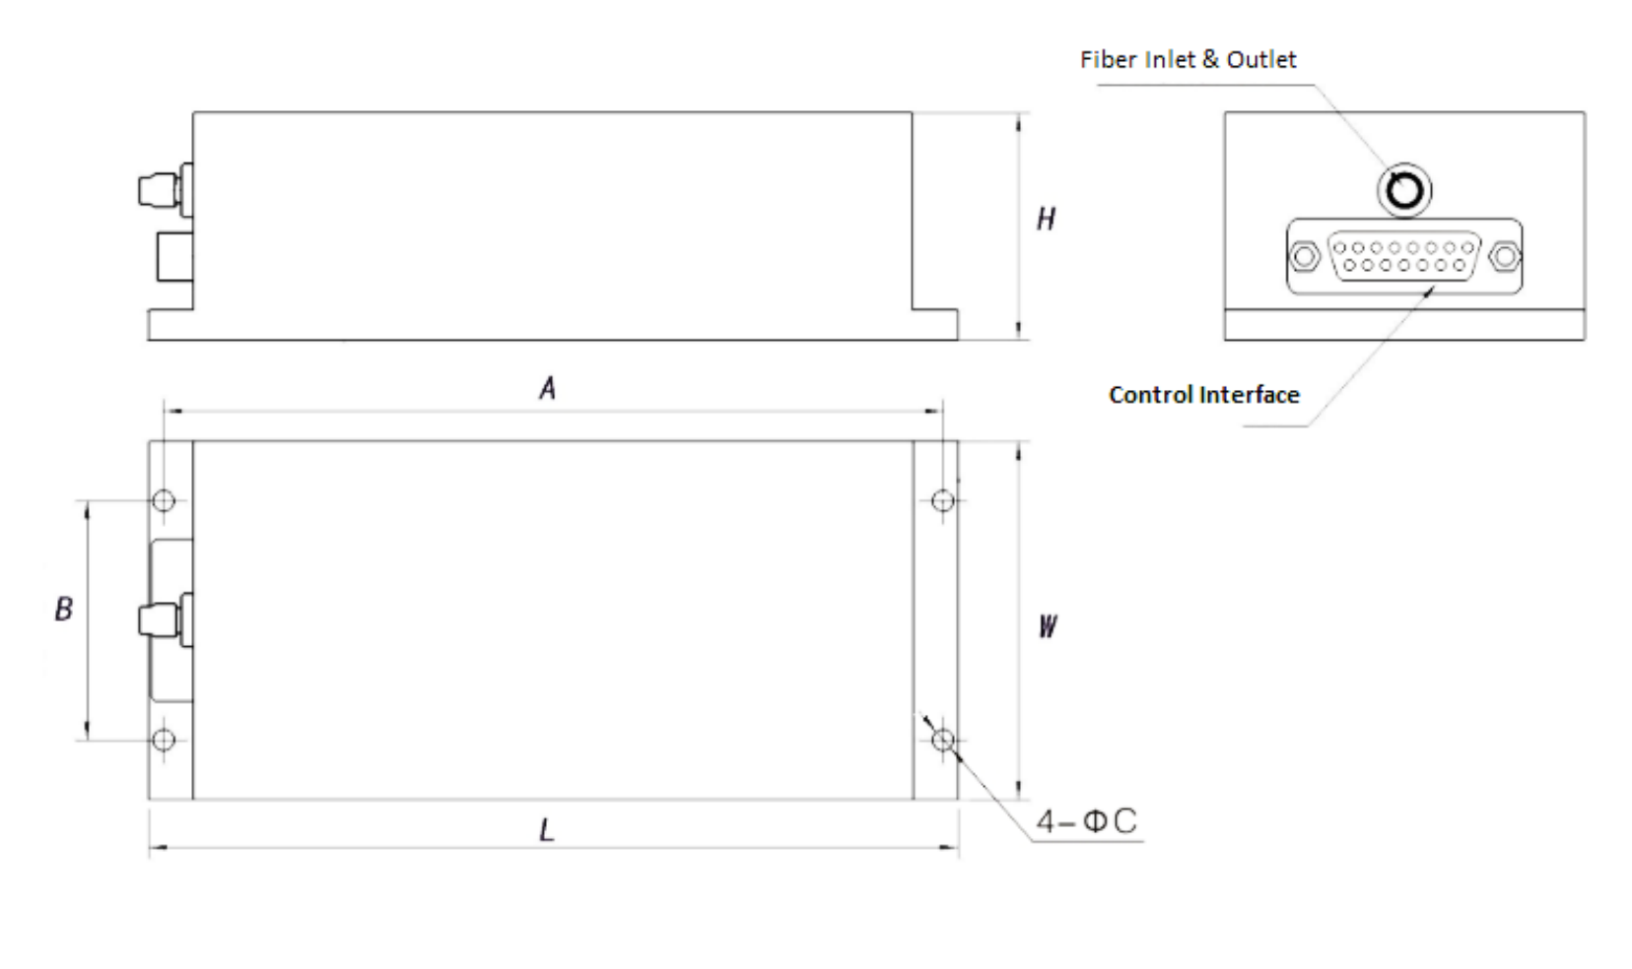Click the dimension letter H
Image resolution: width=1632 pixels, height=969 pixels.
[1047, 220]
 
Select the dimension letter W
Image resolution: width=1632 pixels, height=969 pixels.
[1048, 626]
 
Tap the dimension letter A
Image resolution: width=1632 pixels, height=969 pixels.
[548, 388]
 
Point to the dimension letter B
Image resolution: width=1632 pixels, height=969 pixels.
[64, 609]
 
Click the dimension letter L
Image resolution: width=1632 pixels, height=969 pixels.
[546, 830]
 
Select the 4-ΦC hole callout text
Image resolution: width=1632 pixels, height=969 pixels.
[1086, 821]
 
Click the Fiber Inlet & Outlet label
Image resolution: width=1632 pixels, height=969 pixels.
[1188, 59]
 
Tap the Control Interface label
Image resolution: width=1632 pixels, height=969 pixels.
[1204, 395]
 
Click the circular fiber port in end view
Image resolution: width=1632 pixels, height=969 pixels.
[1404, 191]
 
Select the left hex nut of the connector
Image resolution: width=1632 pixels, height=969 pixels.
[1304, 256]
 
